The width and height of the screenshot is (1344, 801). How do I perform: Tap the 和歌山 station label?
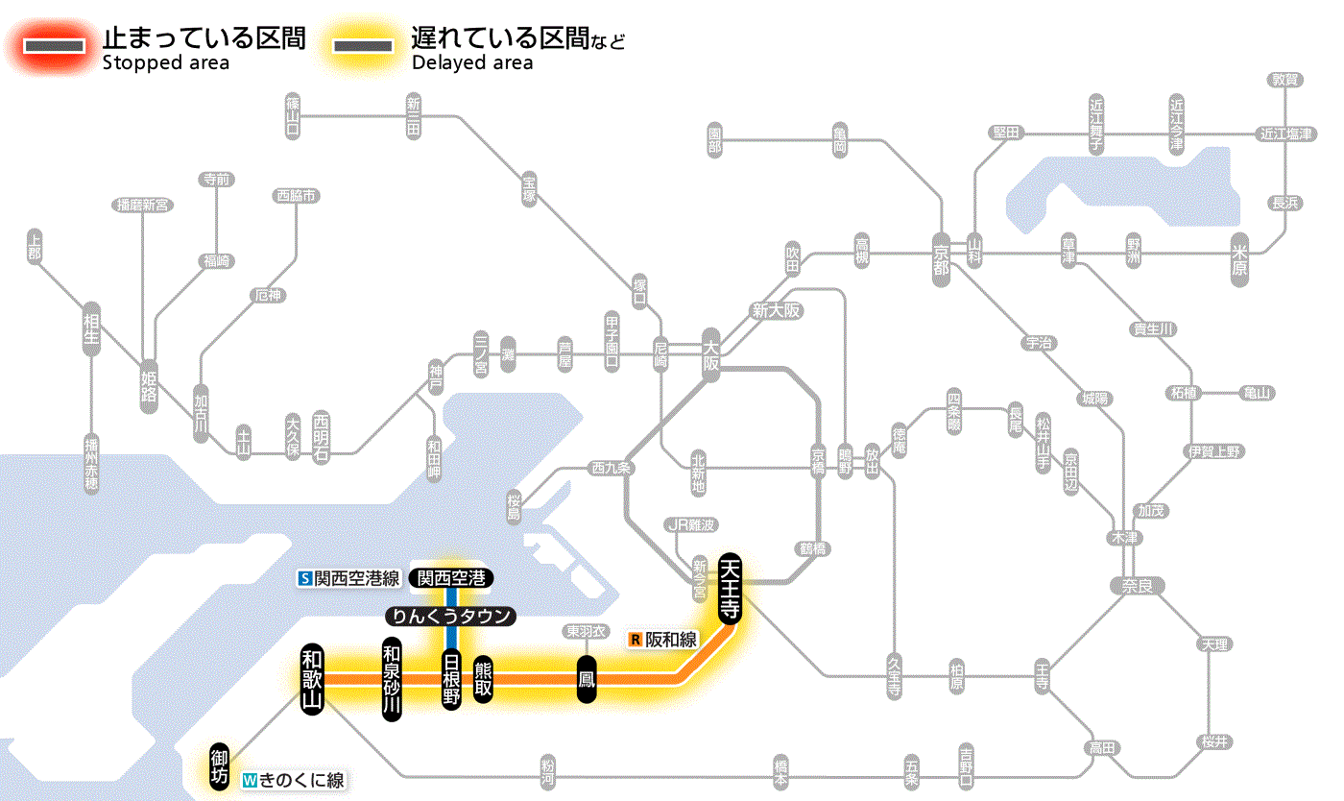(313, 679)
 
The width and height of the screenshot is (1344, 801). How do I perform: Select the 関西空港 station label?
(450, 578)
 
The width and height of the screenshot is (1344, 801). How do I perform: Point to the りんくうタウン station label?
(450, 617)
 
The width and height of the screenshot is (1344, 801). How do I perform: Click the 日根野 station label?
(451, 679)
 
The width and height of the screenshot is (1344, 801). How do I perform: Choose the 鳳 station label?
(586, 679)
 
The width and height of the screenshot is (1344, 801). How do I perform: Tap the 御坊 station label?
(220, 765)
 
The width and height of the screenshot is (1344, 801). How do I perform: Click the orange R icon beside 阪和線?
(635, 639)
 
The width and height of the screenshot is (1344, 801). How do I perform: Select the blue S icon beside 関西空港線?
(305, 578)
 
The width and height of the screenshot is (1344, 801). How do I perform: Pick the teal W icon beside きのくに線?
(250, 781)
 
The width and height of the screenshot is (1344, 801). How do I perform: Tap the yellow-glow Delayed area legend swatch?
(362, 46)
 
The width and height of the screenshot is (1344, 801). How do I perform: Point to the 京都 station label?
(940, 255)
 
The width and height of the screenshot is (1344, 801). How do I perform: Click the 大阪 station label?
(710, 354)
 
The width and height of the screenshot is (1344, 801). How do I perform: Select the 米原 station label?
(1239, 259)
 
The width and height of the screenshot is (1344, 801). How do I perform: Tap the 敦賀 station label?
(1284, 80)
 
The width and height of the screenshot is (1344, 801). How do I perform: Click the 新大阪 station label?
(777, 311)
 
